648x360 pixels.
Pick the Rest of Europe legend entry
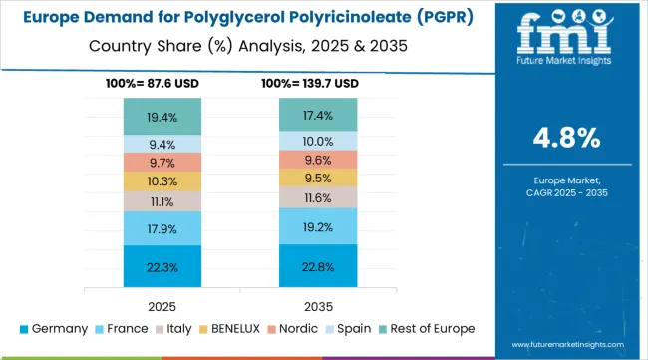(425, 328)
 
